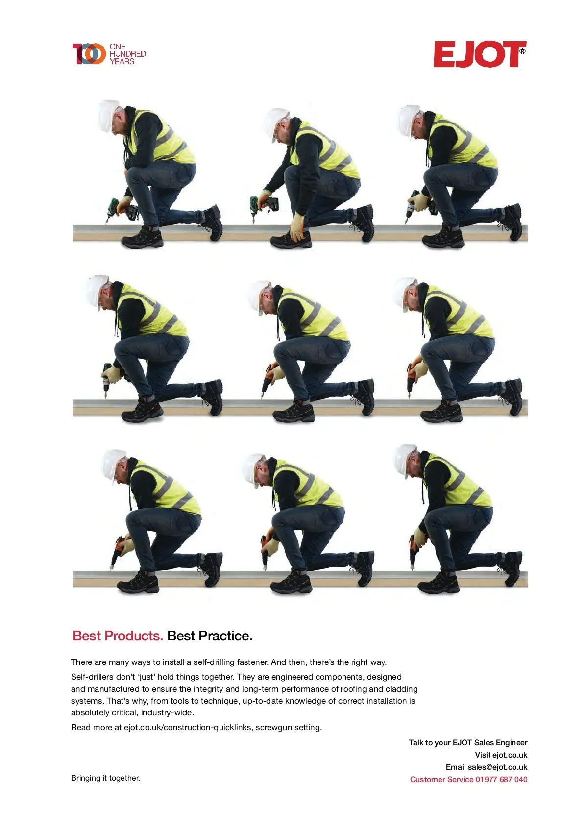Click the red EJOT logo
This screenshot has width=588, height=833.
pos(479,54)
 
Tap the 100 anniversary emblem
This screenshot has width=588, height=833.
pos(89,53)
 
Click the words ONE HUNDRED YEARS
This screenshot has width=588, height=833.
pos(127,54)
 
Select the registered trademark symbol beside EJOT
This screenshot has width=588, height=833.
pos(522,51)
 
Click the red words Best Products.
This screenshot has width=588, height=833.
pos(118,636)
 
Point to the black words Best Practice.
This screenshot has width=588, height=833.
pos(210,636)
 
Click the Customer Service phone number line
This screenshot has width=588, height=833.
pos(468,779)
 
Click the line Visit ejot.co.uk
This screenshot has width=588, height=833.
pos(501,755)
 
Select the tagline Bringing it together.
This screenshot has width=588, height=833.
pos(106,778)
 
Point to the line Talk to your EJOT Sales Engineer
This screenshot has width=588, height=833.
pos(468,742)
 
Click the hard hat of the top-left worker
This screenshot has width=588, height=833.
pos(109,115)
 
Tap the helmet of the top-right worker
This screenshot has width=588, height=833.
pos(408,121)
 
